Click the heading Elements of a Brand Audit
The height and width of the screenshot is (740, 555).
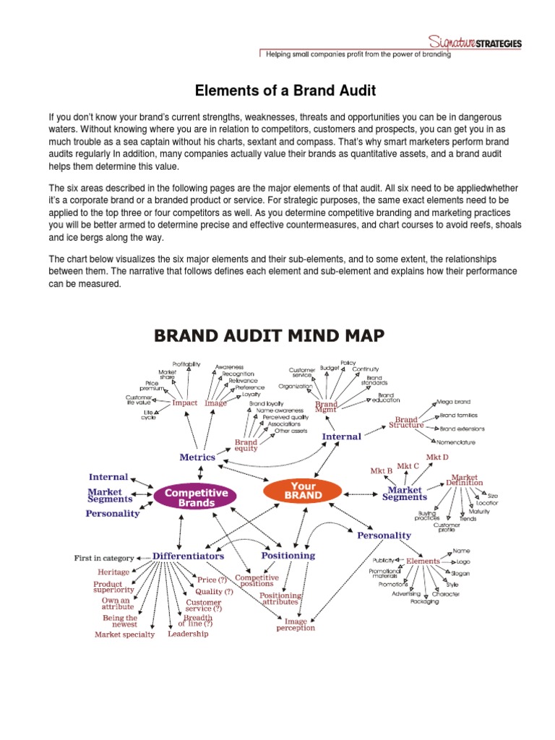tap(277, 91)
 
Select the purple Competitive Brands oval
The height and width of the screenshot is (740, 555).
tap(197, 497)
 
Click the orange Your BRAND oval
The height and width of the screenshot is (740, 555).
tap(304, 491)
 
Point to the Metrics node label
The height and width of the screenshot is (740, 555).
tap(197, 457)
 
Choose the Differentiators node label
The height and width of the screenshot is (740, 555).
tap(188, 556)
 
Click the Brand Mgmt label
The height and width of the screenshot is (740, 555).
tap(326, 406)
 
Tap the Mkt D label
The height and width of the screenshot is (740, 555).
tap(437, 457)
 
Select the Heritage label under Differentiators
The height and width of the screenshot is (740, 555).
tap(113, 572)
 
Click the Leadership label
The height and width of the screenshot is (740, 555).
tap(188, 634)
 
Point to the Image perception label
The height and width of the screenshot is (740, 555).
tap(296, 624)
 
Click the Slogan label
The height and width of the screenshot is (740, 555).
tap(461, 573)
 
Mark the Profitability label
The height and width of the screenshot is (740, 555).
tap(186, 363)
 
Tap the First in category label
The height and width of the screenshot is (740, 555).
tap(104, 558)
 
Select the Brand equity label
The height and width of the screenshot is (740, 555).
tap(246, 445)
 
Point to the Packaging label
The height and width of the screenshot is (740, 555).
tap(424, 601)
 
